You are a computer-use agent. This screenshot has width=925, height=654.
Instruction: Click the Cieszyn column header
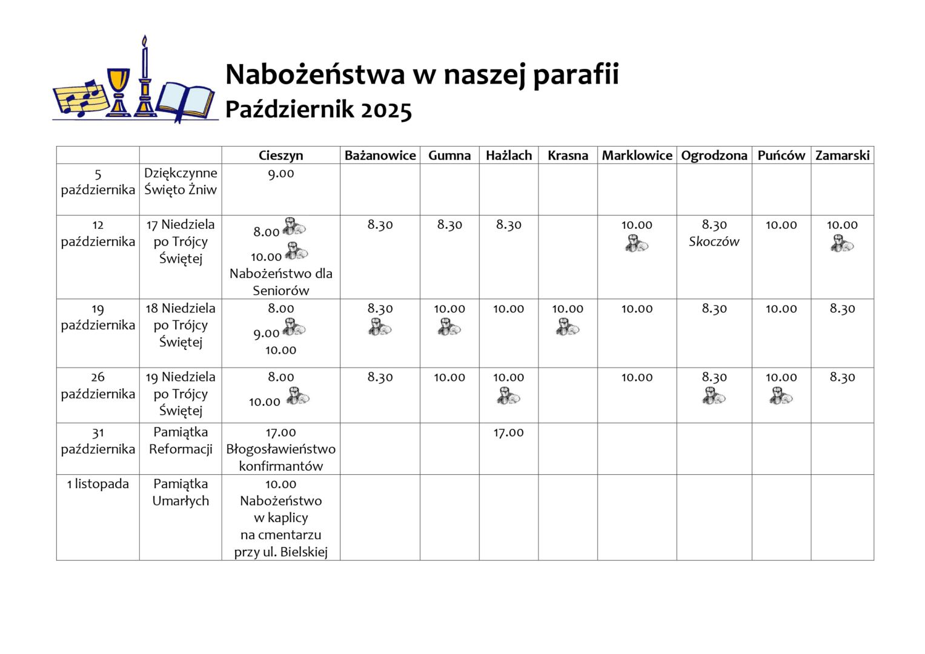coord(280,156)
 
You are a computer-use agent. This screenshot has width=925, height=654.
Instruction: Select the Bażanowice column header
coord(380,156)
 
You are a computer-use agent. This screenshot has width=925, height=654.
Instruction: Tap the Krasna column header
coord(568,156)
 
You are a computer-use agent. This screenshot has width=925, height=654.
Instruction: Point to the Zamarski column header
coord(842,156)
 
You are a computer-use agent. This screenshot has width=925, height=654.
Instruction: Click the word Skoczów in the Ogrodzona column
coord(714,242)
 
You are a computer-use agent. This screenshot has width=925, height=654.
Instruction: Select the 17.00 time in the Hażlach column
coord(508,432)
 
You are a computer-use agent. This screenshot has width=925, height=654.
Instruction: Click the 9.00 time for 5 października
coord(280,173)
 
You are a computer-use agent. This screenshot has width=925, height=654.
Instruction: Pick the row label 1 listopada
coord(98,484)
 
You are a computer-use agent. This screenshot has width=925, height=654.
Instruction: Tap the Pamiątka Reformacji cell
coord(181,441)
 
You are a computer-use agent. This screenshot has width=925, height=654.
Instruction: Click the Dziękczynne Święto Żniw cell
coord(181,181)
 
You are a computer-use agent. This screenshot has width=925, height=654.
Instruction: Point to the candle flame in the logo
coord(144,41)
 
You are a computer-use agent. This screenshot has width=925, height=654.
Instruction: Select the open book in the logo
coord(186,99)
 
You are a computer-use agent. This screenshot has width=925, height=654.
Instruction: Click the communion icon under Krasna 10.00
coord(568,328)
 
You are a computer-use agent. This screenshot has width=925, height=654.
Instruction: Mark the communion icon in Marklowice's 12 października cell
coord(637,243)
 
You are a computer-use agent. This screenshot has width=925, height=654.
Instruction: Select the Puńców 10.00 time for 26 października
coord(781,377)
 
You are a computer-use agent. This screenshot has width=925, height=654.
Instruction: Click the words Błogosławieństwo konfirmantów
coord(280,458)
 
